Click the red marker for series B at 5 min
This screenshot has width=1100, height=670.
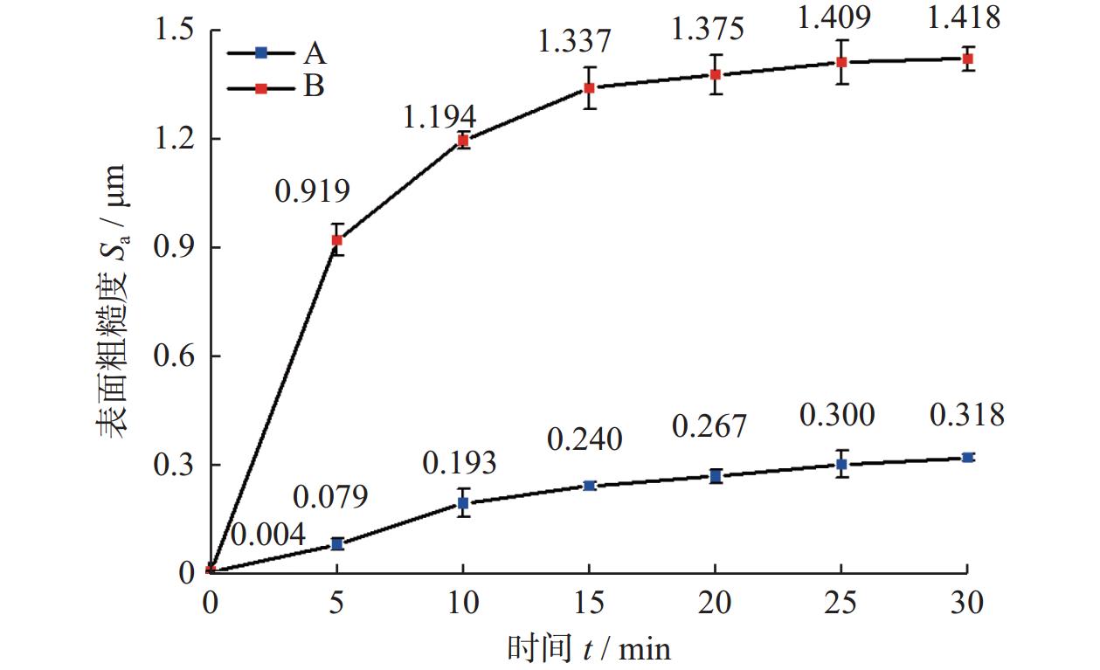(x=337, y=240)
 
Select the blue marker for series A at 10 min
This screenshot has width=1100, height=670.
(x=463, y=503)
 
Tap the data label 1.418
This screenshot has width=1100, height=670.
(x=965, y=17)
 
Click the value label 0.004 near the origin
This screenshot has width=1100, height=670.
(x=267, y=535)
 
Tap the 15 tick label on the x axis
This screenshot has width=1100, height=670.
(x=589, y=603)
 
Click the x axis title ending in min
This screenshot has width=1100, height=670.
(x=589, y=648)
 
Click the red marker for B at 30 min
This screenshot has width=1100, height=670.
(x=967, y=59)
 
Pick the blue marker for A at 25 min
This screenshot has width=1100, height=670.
(x=841, y=464)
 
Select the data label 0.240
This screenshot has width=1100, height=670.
(x=585, y=439)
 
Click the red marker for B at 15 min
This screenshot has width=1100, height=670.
(x=590, y=87)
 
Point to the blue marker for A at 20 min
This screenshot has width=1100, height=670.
(x=716, y=476)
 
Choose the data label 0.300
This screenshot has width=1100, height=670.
(x=836, y=416)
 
